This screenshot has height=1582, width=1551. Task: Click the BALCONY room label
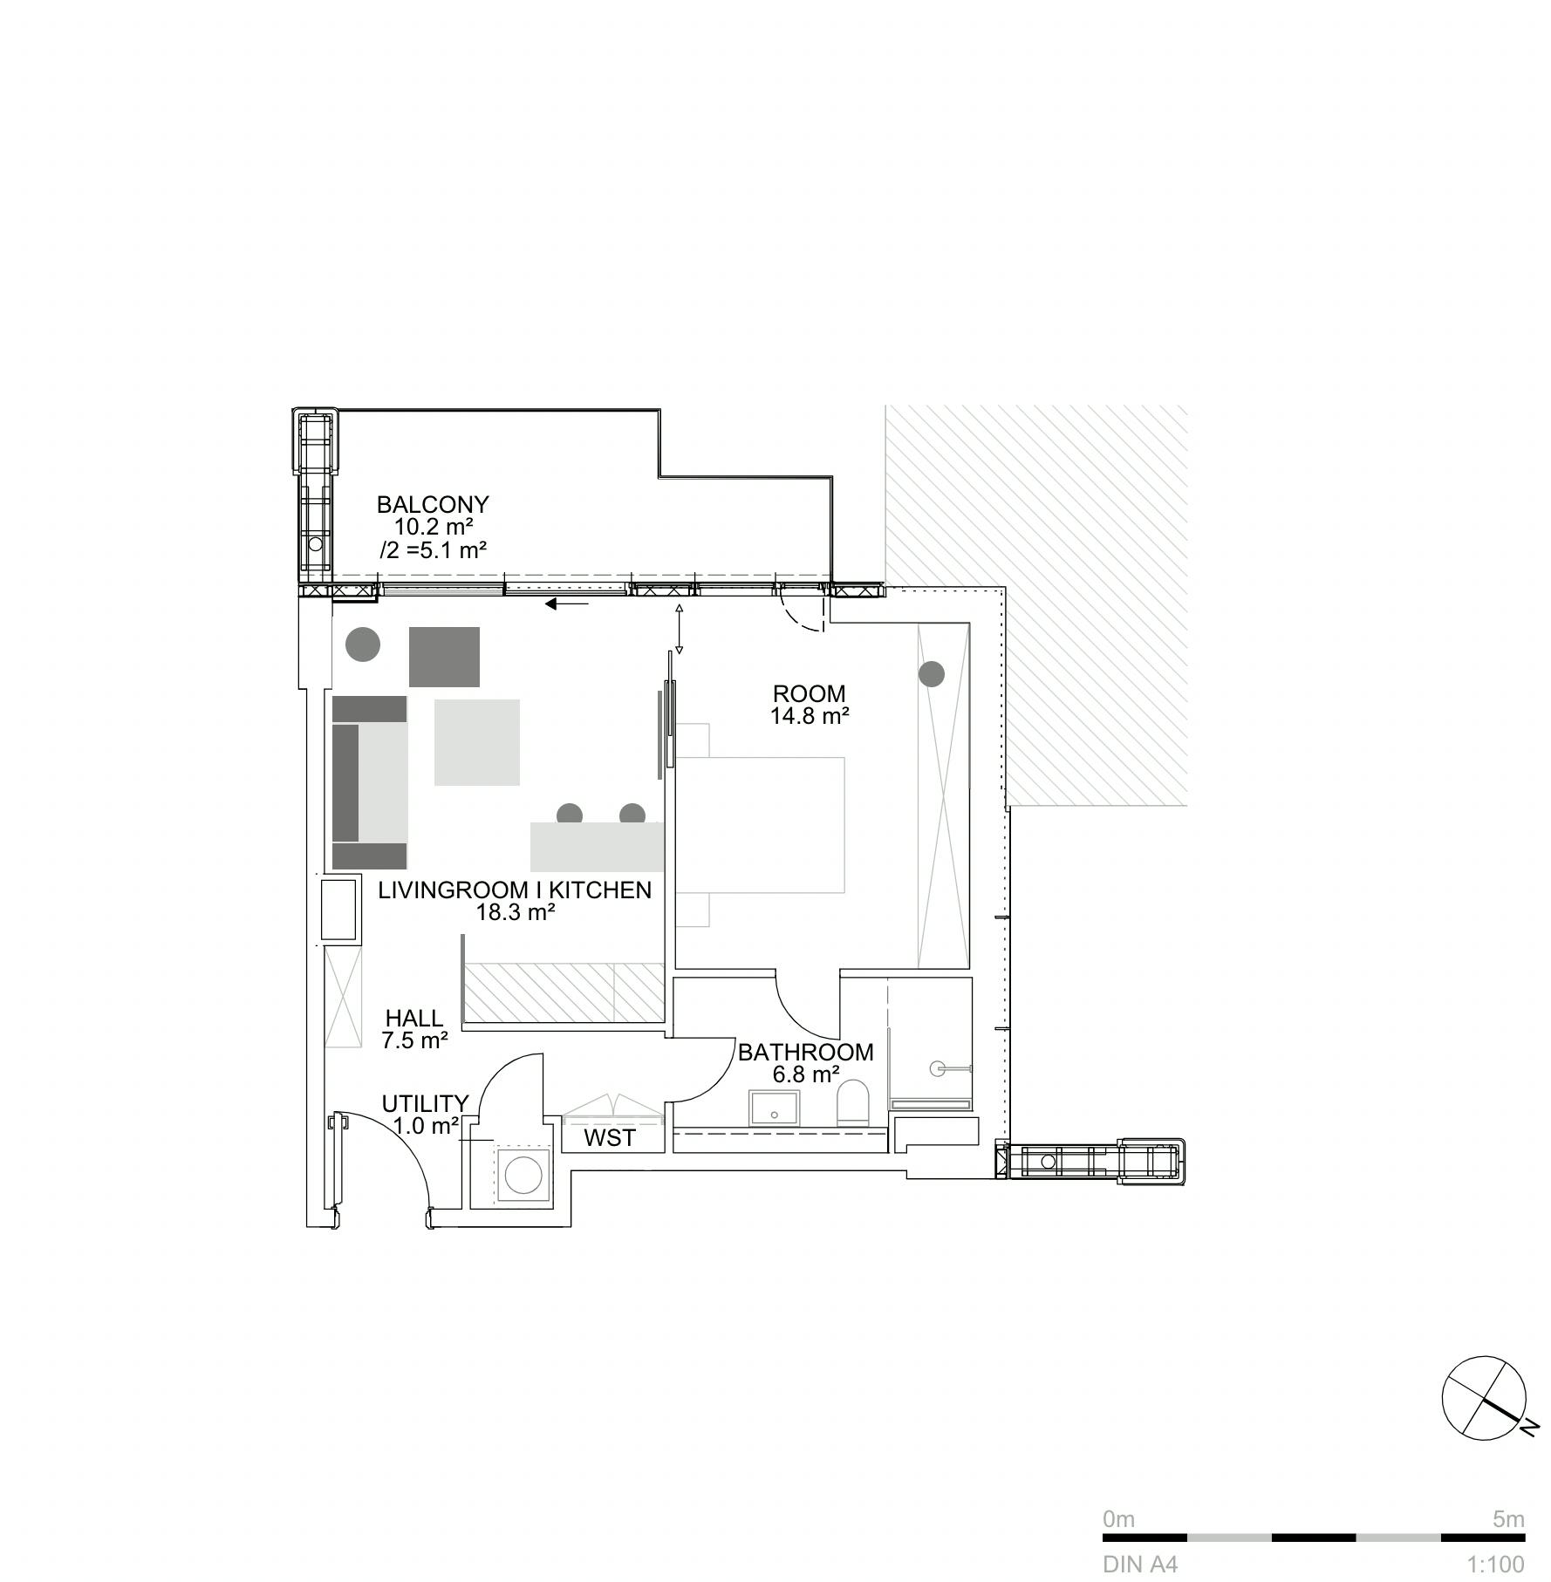(433, 504)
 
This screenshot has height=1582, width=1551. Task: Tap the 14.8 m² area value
(810, 717)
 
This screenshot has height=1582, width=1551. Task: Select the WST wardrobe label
(610, 1138)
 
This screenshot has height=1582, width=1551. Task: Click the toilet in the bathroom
(852, 1102)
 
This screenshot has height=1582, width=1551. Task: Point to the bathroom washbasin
(773, 1107)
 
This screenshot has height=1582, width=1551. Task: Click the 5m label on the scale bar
(1508, 1519)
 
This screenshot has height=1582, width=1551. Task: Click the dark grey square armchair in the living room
(445, 657)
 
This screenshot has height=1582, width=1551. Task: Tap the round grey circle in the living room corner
(363, 644)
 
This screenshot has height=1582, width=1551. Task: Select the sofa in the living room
(370, 782)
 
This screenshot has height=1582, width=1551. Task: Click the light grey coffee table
(477, 742)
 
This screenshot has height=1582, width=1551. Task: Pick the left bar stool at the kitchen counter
(570, 815)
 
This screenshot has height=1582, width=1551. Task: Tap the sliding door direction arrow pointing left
(567, 603)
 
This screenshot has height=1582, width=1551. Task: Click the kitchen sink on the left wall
(340, 910)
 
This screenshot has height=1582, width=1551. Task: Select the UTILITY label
(425, 1104)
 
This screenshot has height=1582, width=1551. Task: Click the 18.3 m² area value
(516, 913)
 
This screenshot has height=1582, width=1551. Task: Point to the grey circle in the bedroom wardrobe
(932, 674)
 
